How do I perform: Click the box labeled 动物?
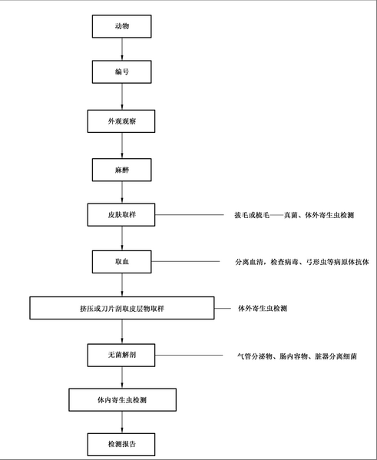pyautogui.click(x=122, y=26)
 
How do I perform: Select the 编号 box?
pyautogui.click(x=122, y=72)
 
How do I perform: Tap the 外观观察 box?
pyautogui.click(x=121, y=121)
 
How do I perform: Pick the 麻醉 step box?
pyautogui.click(x=122, y=170)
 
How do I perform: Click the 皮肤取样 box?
pyautogui.click(x=121, y=215)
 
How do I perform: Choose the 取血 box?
pyautogui.click(x=122, y=262)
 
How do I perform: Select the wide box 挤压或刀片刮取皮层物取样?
pyautogui.click(x=122, y=308)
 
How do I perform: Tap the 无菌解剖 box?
pyautogui.click(x=121, y=355)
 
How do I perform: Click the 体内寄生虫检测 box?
pyautogui.click(x=123, y=399)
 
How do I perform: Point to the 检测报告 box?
pyautogui.click(x=121, y=444)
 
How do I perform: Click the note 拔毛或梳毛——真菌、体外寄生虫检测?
pyautogui.click(x=294, y=215)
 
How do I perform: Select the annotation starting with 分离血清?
pyautogui.click(x=302, y=262)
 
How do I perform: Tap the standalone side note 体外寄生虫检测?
pyautogui.click(x=263, y=308)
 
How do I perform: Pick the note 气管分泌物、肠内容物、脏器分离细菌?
pyautogui.click(x=297, y=356)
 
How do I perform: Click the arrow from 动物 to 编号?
pyautogui.click(x=122, y=49)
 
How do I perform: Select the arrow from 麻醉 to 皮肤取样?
pyautogui.click(x=122, y=192)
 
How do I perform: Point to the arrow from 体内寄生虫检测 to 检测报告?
pyautogui.click(x=122, y=422)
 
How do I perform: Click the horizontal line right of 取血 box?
pyautogui.click(x=185, y=261)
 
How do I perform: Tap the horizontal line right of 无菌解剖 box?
pyautogui.click(x=189, y=355)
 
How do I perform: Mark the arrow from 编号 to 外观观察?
pyautogui.click(x=122, y=97)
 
